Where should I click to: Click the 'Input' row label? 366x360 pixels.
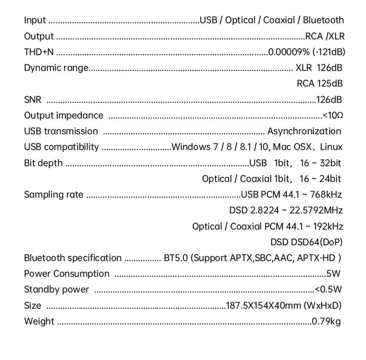click(35, 20)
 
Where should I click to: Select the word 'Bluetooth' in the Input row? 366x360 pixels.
click(323, 20)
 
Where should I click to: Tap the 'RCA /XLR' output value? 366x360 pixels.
click(325, 36)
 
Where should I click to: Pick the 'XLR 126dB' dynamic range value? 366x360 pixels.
click(319, 68)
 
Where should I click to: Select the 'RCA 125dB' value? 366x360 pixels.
click(320, 84)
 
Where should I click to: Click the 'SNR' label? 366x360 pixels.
click(32, 100)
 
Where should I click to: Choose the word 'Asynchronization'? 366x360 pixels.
click(304, 131)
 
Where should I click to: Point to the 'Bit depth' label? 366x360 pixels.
click(43, 163)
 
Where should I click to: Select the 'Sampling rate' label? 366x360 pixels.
click(54, 195)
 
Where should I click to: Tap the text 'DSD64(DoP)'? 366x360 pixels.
click(319, 242)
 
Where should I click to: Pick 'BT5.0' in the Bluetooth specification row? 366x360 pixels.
click(176, 258)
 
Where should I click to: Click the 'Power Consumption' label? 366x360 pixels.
click(67, 274)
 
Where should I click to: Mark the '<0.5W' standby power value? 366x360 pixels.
click(328, 290)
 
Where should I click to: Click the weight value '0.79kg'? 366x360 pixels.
click(326, 321)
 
